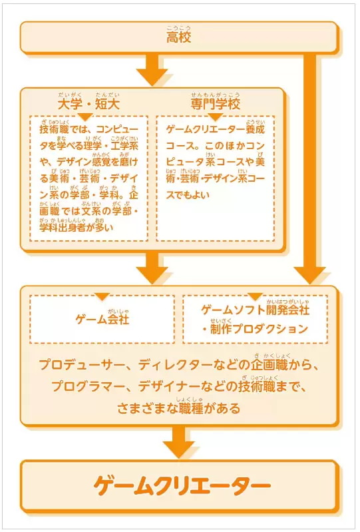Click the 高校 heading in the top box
point(178,37)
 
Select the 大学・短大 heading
point(89,104)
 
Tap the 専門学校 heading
point(215,104)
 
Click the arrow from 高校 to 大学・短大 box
point(152,69)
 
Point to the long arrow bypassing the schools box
point(309,168)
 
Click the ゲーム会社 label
point(102,320)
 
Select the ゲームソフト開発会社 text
point(256,310)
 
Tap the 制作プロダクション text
point(259,329)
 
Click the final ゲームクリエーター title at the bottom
point(182,485)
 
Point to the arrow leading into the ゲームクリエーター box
point(178,441)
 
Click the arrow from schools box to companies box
point(152,268)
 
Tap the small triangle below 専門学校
point(215,117)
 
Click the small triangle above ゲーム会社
point(102,296)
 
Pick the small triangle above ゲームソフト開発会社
point(256,296)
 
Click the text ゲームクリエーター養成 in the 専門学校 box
point(215,130)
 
